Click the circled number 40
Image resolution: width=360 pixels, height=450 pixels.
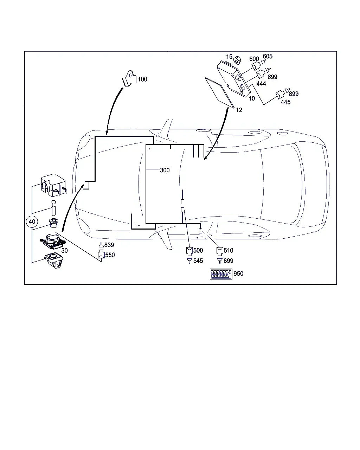pos(32,221)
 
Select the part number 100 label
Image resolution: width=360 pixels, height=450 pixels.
pos(142,79)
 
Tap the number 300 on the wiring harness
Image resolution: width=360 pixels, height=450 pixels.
pos(165,170)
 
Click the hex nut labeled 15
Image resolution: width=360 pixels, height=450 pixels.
pos(237,60)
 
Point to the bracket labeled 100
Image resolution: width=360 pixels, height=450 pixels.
pos(129,78)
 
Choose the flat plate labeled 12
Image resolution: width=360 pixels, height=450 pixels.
pos(219,92)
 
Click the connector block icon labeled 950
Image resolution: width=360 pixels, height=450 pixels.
pos(221,274)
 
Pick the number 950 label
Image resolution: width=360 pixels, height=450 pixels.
pos(238,274)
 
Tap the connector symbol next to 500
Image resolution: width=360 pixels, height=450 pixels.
pos(189,251)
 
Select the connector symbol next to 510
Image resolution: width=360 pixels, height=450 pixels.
pos(220,251)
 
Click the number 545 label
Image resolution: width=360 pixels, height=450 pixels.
pos(198,261)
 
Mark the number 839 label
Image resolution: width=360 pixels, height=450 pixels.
pos(109,245)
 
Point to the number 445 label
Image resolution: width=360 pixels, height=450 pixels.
pos(285,102)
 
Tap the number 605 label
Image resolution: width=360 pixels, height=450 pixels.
pos(268,56)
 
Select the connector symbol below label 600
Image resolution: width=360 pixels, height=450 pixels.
pos(256,66)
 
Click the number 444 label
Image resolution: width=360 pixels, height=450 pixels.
pos(261,84)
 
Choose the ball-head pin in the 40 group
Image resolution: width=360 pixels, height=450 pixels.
pos(54,208)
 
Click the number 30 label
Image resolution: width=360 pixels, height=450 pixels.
pos(64,251)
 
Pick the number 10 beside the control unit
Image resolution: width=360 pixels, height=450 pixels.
pos(252,98)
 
